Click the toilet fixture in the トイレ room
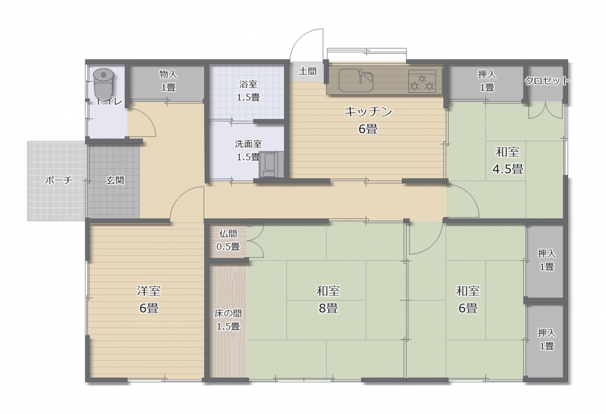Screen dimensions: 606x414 103,85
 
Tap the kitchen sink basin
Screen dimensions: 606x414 356,80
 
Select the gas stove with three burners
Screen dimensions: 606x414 422,81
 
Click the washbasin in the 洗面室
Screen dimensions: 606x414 271,165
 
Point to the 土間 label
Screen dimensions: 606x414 308,71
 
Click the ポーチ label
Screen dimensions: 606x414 59,180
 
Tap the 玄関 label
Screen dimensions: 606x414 115,180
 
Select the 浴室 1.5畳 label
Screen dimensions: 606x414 248,90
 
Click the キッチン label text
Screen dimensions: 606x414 368,112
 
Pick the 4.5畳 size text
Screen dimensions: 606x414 507,169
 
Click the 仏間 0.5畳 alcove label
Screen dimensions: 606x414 228,240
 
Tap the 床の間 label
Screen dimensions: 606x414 228,313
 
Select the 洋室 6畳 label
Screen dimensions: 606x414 149,299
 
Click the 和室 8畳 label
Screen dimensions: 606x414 328,299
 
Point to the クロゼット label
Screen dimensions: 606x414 547,80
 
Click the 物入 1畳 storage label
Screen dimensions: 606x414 168,80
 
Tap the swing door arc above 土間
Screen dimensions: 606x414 305,43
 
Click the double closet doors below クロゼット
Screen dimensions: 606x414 546,110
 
